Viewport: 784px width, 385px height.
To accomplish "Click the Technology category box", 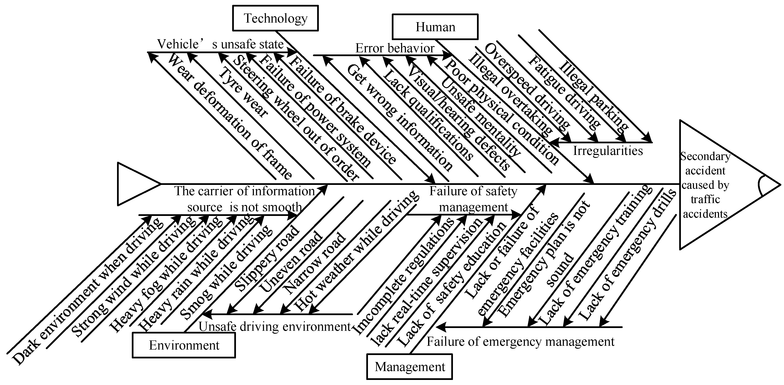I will (x=275, y=18).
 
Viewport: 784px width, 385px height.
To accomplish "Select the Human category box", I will (x=435, y=27).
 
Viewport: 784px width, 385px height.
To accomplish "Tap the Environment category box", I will (x=184, y=345).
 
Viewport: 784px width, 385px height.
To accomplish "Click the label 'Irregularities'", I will (x=608, y=151).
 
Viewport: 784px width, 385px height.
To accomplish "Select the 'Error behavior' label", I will (x=395, y=48).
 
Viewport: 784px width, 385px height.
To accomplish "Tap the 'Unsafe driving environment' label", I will (x=275, y=327).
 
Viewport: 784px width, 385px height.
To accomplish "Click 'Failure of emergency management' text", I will (x=520, y=342).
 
